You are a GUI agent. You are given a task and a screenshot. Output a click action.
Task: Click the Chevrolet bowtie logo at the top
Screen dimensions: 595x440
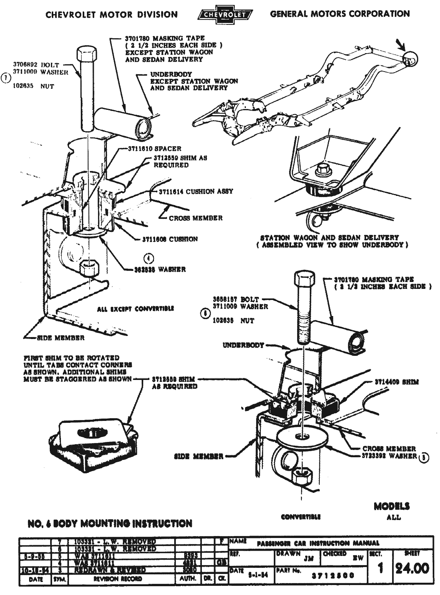[225, 15]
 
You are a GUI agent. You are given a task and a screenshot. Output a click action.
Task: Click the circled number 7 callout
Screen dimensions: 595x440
[5, 78]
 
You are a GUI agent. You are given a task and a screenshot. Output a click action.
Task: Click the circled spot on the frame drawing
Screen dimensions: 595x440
[410, 59]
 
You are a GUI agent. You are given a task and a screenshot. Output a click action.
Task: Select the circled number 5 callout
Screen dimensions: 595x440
[424, 457]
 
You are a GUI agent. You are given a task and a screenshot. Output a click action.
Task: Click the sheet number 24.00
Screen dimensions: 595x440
[412, 568]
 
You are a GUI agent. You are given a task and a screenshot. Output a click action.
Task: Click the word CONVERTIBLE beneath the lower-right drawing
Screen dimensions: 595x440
[301, 517]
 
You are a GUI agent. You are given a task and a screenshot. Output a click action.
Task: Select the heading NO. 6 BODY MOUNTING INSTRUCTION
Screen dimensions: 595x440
[110, 523]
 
